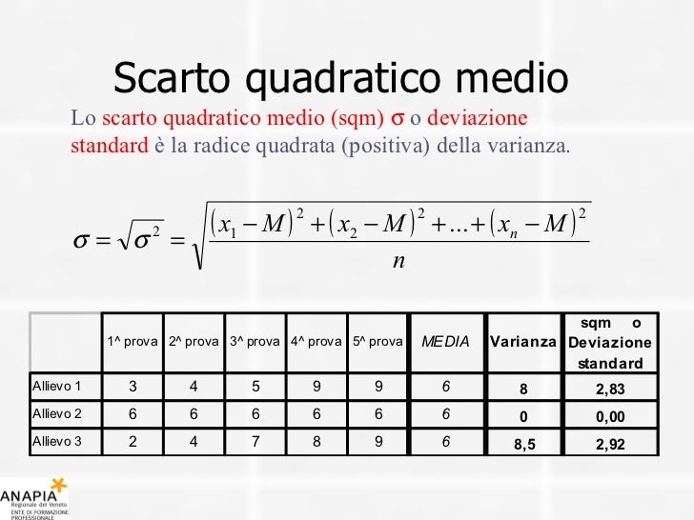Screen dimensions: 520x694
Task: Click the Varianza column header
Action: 522,341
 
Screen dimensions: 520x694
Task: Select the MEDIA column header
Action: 445,341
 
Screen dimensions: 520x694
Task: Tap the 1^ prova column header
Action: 133,341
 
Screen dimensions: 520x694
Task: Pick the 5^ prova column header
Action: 378,341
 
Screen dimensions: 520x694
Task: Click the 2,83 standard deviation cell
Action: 610,388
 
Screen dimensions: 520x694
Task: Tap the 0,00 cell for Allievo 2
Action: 610,415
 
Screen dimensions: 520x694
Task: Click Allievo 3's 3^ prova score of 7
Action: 255,441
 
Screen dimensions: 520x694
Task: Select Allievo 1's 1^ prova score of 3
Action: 133,386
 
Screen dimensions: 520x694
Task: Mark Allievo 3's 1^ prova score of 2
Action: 133,441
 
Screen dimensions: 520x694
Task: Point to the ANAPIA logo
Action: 34,497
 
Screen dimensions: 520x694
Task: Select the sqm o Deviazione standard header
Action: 610,341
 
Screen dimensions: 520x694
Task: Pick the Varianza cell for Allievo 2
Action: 522,415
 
